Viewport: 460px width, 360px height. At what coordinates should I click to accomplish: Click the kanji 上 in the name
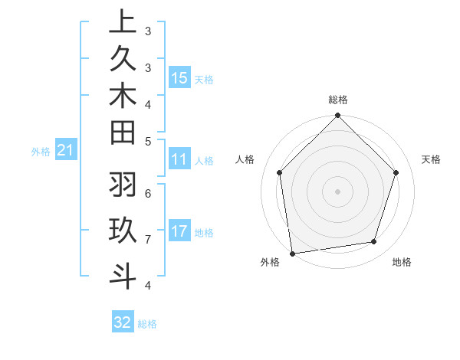click(x=123, y=23)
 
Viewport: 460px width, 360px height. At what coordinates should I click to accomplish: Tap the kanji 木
click(x=123, y=97)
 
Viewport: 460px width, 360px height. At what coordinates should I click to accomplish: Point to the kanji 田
click(x=123, y=133)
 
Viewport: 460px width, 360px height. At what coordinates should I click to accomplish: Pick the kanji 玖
click(x=123, y=231)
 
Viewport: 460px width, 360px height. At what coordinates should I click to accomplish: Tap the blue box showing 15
click(x=179, y=77)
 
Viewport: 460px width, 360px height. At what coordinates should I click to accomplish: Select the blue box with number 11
click(x=179, y=159)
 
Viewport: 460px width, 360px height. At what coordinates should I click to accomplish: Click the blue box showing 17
click(x=179, y=231)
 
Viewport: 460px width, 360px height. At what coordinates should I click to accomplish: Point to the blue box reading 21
click(x=65, y=151)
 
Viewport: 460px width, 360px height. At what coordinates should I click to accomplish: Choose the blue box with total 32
click(x=123, y=322)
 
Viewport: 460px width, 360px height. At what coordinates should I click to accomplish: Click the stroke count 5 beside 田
click(x=148, y=140)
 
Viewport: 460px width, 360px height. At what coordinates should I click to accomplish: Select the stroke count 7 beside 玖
click(x=148, y=239)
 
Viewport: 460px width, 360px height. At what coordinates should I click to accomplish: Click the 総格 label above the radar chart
click(x=338, y=100)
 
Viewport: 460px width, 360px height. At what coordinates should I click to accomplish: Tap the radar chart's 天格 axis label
click(x=431, y=159)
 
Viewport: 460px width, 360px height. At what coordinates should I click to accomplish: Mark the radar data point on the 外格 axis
click(x=292, y=253)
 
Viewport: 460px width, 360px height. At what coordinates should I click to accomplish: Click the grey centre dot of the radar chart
click(x=338, y=191)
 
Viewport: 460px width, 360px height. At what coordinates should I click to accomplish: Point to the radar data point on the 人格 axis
click(x=280, y=172)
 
